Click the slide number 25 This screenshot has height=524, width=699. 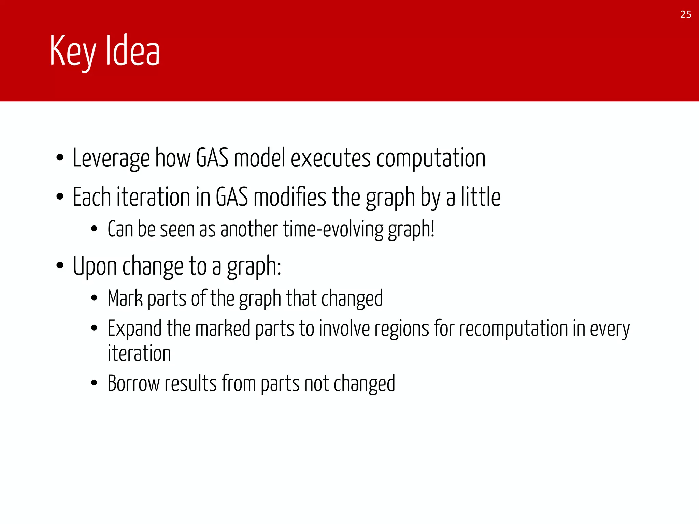[685, 15]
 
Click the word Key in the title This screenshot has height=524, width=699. [73, 51]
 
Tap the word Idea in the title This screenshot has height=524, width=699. [132, 51]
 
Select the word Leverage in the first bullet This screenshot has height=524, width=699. [111, 159]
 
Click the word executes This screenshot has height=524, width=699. [330, 159]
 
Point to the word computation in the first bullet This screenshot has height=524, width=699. [431, 159]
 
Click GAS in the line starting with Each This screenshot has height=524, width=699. [232, 198]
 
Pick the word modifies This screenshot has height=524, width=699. [290, 198]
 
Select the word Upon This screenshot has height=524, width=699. [95, 266]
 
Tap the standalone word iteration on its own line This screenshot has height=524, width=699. [139, 353]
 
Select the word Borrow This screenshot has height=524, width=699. [133, 383]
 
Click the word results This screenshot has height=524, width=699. [190, 383]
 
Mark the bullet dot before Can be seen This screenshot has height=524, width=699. [95, 229]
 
